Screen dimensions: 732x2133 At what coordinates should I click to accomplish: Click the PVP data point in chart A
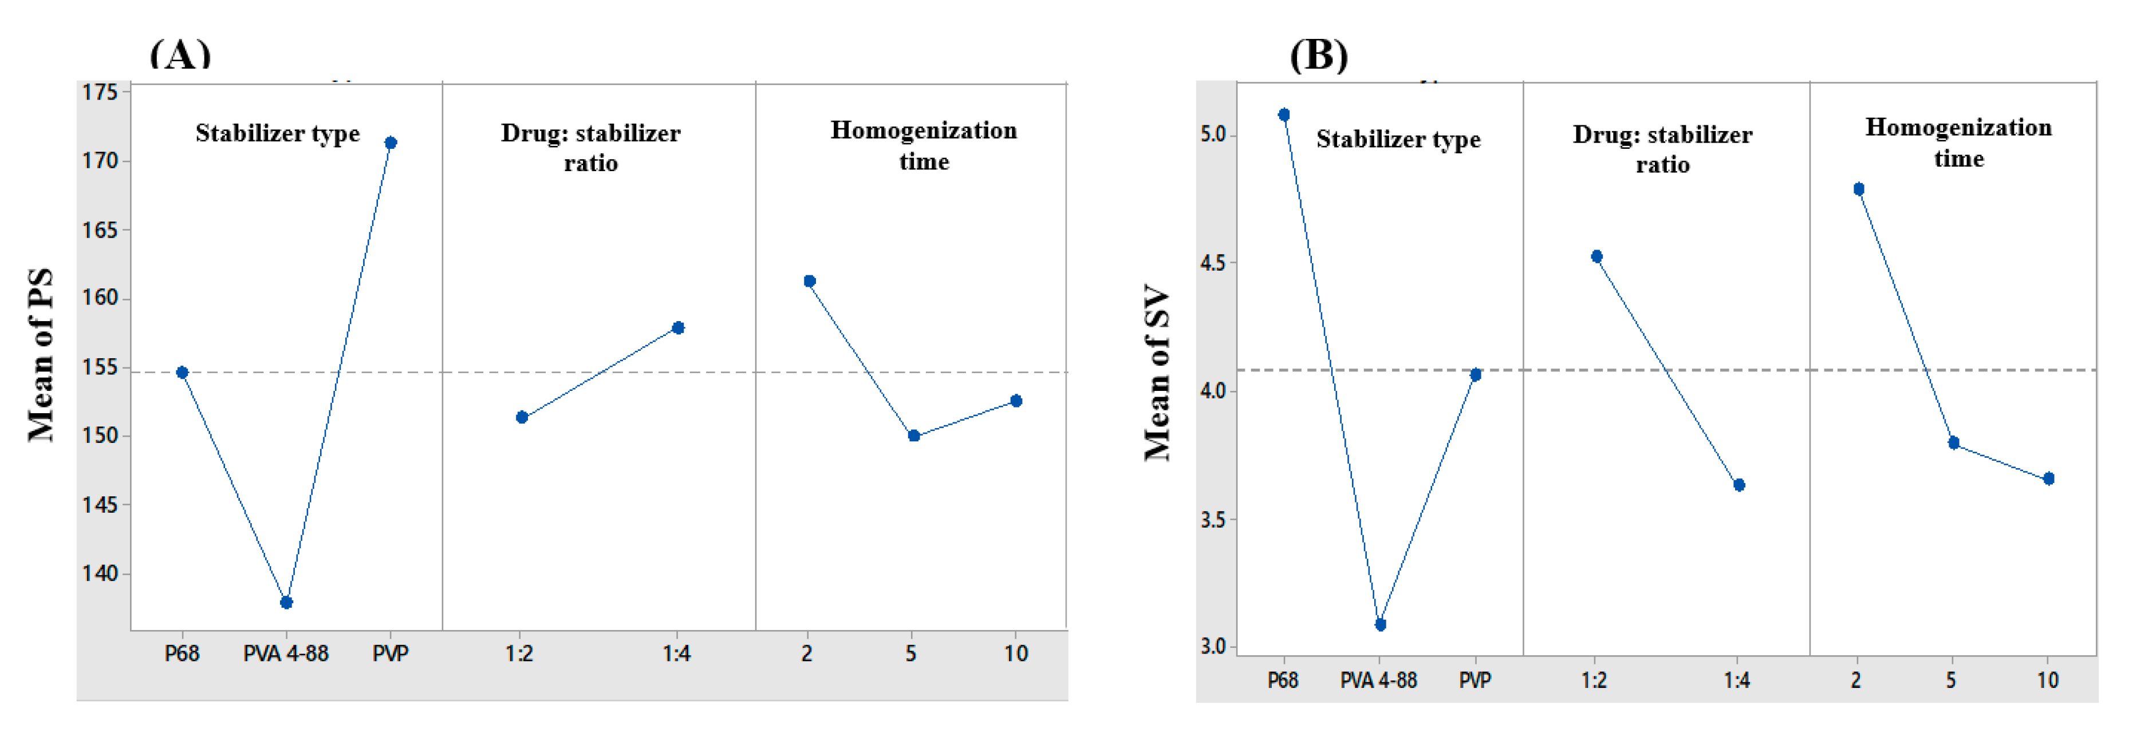click(x=391, y=143)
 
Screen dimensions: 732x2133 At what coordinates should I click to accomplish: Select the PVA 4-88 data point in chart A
click(x=286, y=602)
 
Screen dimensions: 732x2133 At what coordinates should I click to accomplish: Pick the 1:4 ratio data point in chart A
click(x=678, y=328)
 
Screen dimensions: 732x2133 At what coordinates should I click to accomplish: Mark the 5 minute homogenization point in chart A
click(x=914, y=436)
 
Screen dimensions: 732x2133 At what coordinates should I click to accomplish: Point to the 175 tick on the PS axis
click(x=100, y=92)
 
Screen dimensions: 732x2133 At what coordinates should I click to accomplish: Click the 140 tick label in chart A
click(x=100, y=573)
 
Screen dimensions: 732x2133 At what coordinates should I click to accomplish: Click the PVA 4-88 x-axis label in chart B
click(x=1379, y=680)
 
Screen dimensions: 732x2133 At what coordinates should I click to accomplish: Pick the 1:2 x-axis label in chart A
click(x=519, y=654)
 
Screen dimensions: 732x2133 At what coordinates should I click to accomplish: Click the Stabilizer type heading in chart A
click(x=277, y=133)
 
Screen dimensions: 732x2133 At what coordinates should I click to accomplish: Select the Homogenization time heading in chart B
click(x=1958, y=143)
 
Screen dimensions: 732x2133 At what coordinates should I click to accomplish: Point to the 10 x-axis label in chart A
click(x=1016, y=654)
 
